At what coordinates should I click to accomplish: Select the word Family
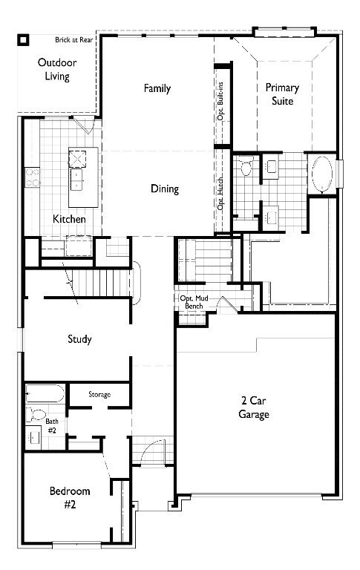click(157, 88)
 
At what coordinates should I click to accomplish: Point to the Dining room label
click(165, 189)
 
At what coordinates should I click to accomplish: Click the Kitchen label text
click(69, 219)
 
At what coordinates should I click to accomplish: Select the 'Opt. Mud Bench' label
click(192, 302)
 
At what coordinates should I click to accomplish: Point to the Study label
click(79, 339)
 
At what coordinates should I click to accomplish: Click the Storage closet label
click(99, 394)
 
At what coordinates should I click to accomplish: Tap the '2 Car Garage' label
click(254, 407)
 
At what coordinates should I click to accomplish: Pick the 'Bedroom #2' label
click(70, 497)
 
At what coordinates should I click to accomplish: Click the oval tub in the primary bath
click(322, 176)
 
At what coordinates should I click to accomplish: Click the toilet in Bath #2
click(36, 415)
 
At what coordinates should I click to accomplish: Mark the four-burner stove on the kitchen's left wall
click(33, 177)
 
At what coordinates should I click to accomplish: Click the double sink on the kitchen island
click(77, 178)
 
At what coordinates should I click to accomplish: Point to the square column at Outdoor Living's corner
click(24, 40)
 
